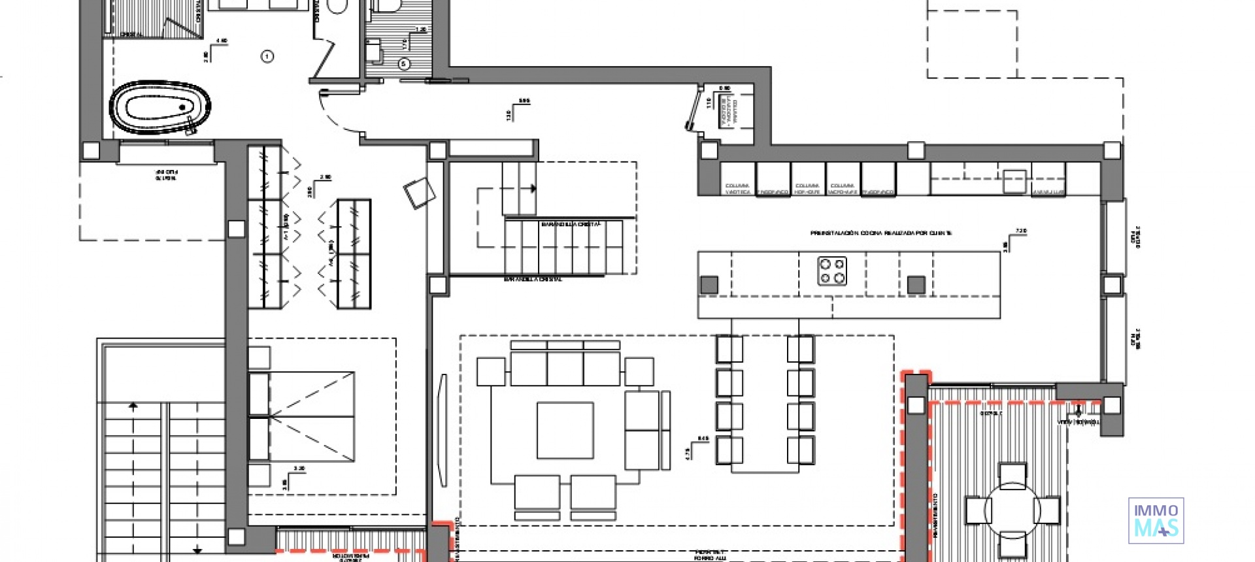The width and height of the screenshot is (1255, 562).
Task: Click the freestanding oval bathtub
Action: (x=160, y=107)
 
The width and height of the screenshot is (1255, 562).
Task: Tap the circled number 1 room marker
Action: (x=267, y=56)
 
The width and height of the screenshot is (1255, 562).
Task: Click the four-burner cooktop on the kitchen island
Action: (x=832, y=271)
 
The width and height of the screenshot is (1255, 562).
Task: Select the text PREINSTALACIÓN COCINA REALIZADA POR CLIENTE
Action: (x=880, y=233)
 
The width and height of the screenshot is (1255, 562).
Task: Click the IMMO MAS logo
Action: (x=1156, y=521)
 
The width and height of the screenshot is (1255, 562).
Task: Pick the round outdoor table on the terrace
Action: (x=1012, y=510)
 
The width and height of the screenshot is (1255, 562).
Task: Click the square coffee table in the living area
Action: (x=565, y=430)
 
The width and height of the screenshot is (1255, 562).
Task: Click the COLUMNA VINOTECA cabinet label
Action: (x=737, y=189)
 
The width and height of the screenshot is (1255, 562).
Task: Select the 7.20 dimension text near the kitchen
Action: (x=1022, y=231)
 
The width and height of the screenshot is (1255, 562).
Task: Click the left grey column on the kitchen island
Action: (x=709, y=284)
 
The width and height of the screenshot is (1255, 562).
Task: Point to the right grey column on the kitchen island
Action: (x=916, y=284)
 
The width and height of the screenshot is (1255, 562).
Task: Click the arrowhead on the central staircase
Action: (x=533, y=188)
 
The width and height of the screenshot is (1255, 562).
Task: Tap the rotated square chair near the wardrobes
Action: (x=419, y=193)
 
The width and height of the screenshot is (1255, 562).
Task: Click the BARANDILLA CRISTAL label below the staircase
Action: (x=533, y=279)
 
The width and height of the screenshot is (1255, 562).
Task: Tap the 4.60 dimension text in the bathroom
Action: (x=222, y=41)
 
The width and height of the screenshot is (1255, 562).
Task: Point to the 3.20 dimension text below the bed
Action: (x=299, y=469)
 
